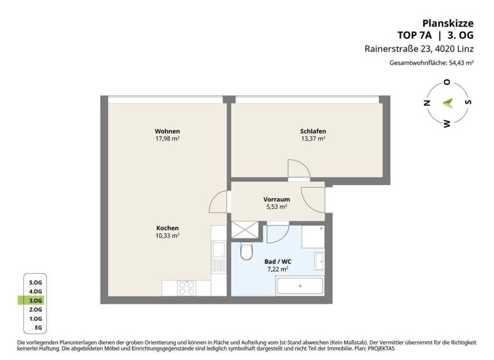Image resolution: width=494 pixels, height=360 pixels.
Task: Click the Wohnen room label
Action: tap(167, 130)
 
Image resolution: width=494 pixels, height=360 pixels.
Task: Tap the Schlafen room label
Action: tap(313, 130)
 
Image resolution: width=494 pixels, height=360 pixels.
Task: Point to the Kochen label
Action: tap(167, 228)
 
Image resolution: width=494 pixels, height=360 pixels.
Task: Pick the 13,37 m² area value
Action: tap(313, 138)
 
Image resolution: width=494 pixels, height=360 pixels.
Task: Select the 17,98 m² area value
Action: tap(167, 138)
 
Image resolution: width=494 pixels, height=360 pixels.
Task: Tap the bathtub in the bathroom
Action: tap(300, 287)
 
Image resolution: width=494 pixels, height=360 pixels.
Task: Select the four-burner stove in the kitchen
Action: tap(187, 288)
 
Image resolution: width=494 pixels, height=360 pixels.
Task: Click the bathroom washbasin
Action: tap(319, 260)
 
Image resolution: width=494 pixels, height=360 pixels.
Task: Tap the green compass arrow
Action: tap(448, 103)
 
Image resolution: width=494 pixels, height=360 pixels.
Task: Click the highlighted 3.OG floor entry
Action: tap(35, 300)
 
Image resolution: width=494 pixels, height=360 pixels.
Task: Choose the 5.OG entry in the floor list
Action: tap(35, 282)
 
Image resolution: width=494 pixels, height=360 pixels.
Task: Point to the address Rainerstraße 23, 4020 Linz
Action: tap(428, 49)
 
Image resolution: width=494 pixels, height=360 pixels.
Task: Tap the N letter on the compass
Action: tap(425, 103)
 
